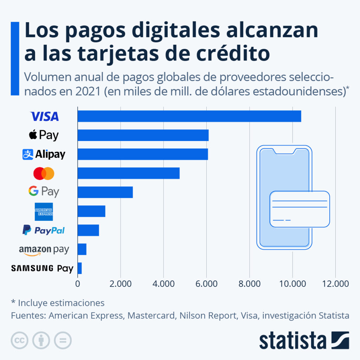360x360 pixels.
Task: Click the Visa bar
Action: [x=189, y=116]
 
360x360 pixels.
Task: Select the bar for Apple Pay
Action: [x=143, y=135]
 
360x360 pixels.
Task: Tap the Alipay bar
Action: [x=142, y=154]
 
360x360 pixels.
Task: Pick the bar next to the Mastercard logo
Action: [x=128, y=173]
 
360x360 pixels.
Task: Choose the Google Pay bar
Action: [x=105, y=192]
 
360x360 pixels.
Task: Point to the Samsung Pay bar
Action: [x=79, y=268]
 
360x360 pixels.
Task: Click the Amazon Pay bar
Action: [x=82, y=249]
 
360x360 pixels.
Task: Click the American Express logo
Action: [x=44, y=212]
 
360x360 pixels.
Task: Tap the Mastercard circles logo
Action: [x=44, y=173]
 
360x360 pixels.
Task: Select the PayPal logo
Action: [x=44, y=231]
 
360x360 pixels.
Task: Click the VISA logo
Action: [x=45, y=116]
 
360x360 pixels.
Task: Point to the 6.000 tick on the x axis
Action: [x=206, y=284]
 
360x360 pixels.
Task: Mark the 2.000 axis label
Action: [x=121, y=284]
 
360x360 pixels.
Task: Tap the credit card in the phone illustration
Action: [x=300, y=209]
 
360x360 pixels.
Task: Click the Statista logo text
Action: [x=292, y=340]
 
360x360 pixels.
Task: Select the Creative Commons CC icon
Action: [x=20, y=340]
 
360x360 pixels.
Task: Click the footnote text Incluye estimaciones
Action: [x=61, y=303]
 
